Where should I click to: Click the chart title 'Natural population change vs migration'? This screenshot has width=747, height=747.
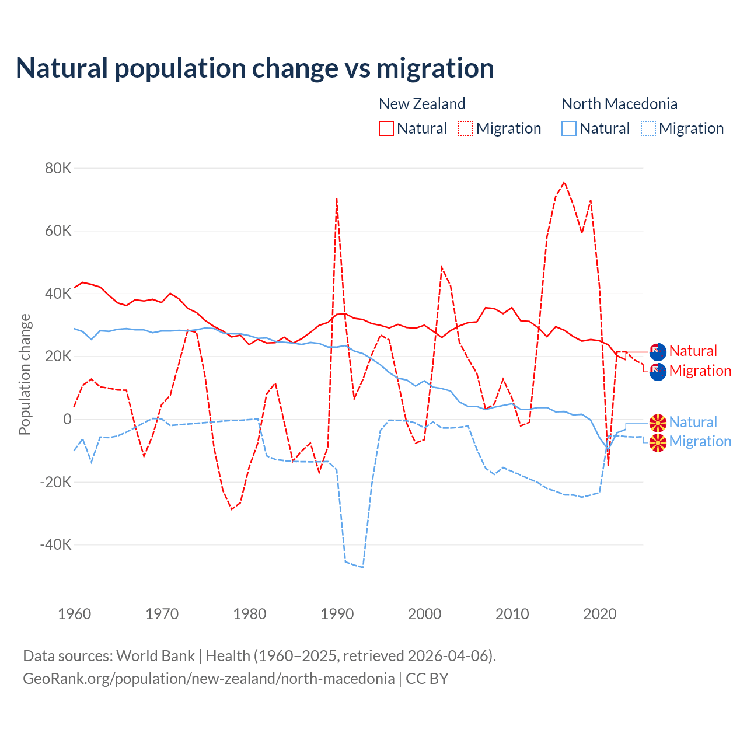[x=254, y=68]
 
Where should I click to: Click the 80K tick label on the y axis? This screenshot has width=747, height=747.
[x=58, y=168]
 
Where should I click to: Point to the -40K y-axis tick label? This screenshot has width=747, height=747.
[x=56, y=545]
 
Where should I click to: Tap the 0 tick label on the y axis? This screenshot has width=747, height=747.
[x=67, y=419]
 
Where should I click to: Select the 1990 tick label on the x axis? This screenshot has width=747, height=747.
[x=337, y=614]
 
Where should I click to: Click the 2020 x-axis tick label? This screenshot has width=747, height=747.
[x=600, y=614]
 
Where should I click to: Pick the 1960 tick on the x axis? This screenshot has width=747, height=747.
[x=75, y=614]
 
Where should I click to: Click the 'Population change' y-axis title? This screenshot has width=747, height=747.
[x=25, y=375]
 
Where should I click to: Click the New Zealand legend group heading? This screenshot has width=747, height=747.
[x=422, y=104]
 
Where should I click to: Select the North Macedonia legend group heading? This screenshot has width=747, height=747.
[x=619, y=104]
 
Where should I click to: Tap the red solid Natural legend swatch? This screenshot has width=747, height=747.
[x=386, y=128]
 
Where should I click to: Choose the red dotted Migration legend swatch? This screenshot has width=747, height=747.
[x=466, y=128]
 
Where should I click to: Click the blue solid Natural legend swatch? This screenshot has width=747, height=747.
[x=569, y=128]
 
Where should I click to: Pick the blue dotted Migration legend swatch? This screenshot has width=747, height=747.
[x=648, y=128]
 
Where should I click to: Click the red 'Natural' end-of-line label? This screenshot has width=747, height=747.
[x=693, y=351]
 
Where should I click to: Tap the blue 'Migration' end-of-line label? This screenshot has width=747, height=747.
[x=700, y=441]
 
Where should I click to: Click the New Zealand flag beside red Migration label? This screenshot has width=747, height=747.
[x=658, y=371]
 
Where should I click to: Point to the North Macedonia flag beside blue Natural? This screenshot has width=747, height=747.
[x=658, y=423]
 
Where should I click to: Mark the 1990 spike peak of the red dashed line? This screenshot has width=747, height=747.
[x=337, y=198]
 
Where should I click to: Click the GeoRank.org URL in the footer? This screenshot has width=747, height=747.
[x=209, y=679]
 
